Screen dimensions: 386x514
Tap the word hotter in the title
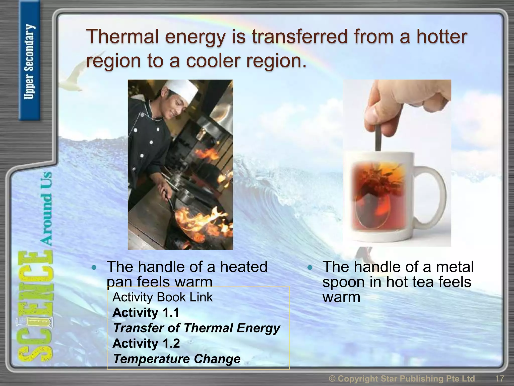pos(442,37)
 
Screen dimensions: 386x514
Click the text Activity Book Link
pos(162,297)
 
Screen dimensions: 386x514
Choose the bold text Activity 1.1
pos(146,313)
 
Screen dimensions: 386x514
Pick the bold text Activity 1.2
pos(146,344)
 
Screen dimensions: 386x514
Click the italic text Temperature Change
pos(177,359)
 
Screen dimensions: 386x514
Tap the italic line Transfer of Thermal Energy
pos(196,328)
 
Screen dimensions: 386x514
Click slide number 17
pos(499,378)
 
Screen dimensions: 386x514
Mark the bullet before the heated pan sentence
pos(94,268)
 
